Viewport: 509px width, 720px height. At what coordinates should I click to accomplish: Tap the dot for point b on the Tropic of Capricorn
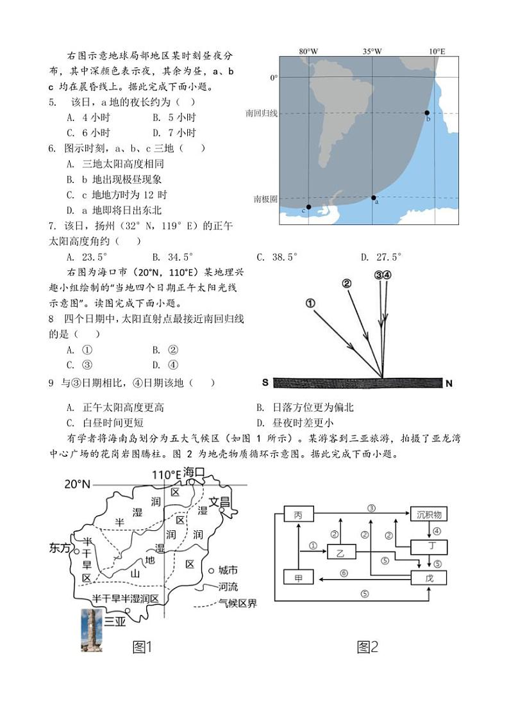[427, 113]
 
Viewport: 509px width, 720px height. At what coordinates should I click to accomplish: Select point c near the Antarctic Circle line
[308, 207]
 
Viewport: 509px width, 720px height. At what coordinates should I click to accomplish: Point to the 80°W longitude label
[308, 51]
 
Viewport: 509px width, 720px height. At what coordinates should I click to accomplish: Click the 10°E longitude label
[437, 51]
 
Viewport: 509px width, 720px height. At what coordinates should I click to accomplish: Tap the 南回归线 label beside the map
[262, 113]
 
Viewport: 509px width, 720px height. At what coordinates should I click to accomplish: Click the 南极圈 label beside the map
[265, 199]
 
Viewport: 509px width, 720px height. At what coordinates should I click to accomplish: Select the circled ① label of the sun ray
[311, 304]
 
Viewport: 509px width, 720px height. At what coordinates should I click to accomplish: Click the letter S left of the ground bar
[265, 383]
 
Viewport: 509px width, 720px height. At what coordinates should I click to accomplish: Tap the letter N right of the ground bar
[449, 384]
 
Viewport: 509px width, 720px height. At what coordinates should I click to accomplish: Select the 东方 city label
[60, 548]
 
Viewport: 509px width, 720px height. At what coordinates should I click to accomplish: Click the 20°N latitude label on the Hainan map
[78, 484]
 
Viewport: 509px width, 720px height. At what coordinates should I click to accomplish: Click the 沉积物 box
[429, 515]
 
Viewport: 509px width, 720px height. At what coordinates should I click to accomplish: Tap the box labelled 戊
[429, 578]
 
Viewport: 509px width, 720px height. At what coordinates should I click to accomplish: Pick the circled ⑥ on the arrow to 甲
[344, 573]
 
